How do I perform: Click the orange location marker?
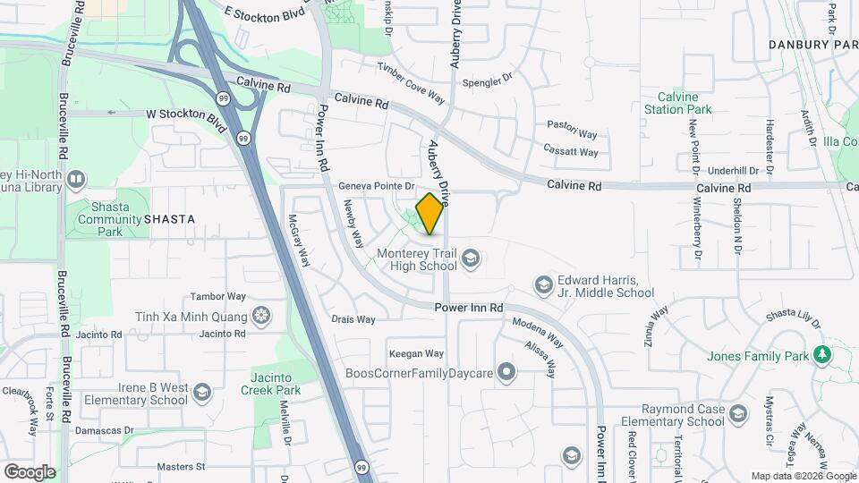coord(430,214)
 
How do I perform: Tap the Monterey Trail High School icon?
coord(471,259)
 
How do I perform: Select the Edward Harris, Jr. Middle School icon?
coord(542,285)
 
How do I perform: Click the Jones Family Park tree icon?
coord(822,355)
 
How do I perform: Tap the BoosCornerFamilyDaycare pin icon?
coord(507,371)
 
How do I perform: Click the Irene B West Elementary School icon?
coord(202,393)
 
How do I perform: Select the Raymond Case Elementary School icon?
coord(737,414)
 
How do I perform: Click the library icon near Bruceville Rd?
coord(75,179)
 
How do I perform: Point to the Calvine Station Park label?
coord(685,103)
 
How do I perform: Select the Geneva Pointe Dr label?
coord(377,186)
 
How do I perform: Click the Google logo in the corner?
coord(30,471)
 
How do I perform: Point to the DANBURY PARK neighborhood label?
coord(812,44)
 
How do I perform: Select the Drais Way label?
coord(353,318)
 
